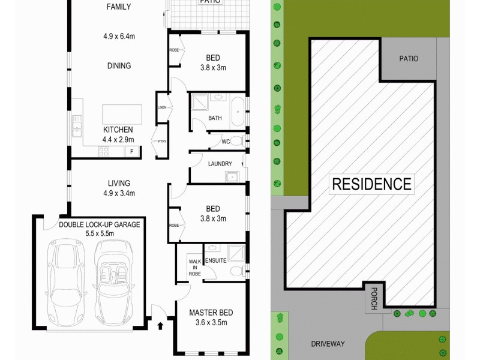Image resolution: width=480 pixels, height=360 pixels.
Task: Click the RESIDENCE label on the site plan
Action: click(372, 184)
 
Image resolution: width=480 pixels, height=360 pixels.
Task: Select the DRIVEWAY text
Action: click(328, 344)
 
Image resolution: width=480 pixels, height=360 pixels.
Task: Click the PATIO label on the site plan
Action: click(409, 59)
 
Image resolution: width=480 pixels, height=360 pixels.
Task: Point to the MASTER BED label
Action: click(211, 313)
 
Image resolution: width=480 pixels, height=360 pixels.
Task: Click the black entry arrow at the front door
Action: click(160, 326)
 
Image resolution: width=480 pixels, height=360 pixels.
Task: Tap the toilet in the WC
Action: click(237, 142)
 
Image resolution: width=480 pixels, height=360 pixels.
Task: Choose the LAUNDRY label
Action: click(220, 163)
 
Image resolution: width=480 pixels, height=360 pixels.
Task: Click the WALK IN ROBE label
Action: click(195, 267)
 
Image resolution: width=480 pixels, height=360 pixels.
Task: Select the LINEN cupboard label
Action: click(162, 107)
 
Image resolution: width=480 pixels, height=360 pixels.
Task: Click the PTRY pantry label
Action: click(161, 142)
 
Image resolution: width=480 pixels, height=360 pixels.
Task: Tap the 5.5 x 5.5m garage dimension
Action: click(100, 233)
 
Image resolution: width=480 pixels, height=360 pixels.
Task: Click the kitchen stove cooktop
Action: click(102, 151)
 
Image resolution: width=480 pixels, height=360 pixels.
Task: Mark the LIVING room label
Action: click(119, 183)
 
